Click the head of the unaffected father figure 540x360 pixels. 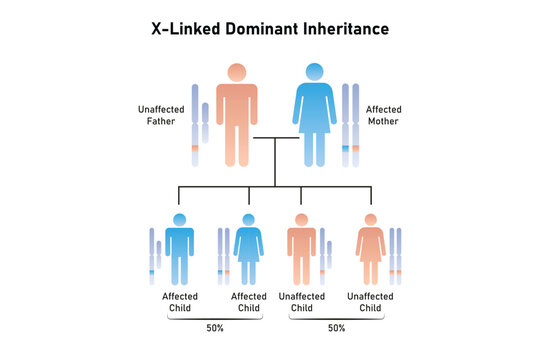[x=237, y=72]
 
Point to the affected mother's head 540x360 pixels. [x=314, y=72]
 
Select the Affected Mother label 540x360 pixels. [x=385, y=115]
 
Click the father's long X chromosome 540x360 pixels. [x=194, y=125]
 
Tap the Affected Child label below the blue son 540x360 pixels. [x=179, y=302]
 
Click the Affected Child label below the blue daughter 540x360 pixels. [x=248, y=302]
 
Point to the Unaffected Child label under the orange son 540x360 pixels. [x=301, y=302]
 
